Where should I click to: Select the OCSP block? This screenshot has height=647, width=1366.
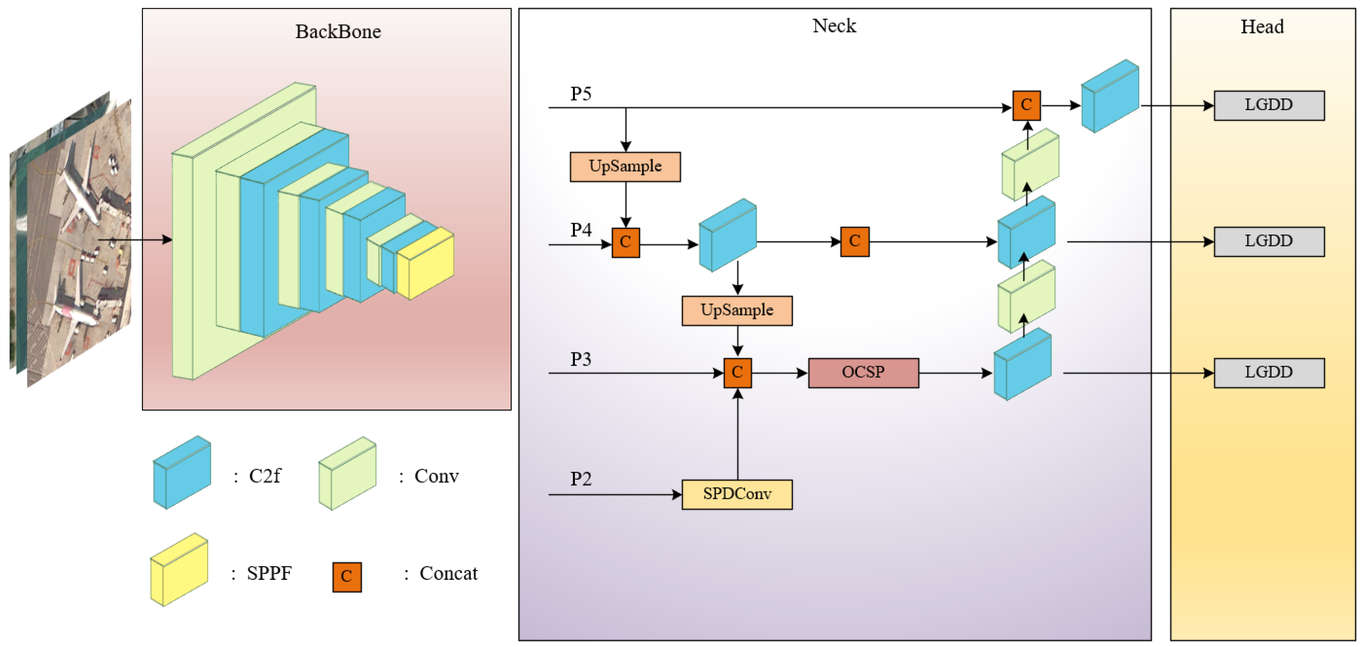tap(863, 373)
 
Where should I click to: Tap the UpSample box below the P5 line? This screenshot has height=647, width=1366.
tap(625, 167)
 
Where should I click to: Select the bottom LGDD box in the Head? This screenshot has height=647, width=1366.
tap(1269, 373)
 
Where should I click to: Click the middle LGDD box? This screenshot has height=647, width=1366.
tap(1269, 242)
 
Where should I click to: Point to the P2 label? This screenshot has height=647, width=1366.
tap(581, 479)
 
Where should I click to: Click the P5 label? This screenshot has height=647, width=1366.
tap(581, 94)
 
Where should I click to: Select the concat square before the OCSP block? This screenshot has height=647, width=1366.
tap(737, 373)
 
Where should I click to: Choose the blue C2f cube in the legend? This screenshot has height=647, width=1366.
tap(182, 473)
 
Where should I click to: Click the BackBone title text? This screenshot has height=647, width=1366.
tap(338, 32)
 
